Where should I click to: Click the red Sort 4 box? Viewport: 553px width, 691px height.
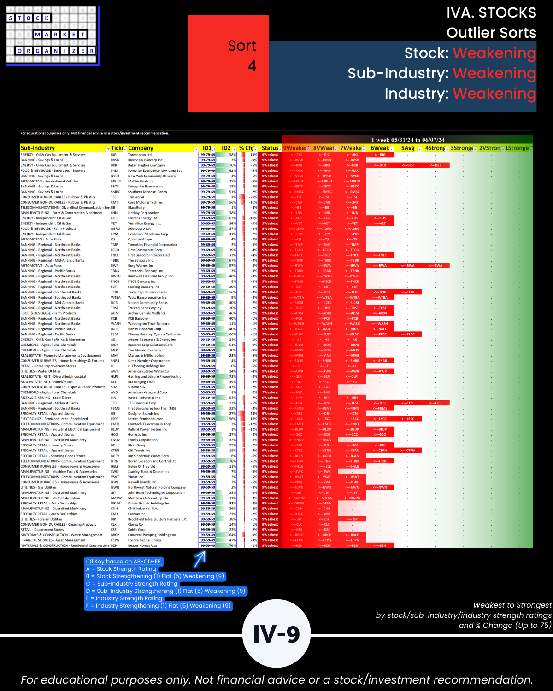pyautogui.click(x=228, y=64)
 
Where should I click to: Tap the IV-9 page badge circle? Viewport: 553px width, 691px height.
pyautogui.click(x=276, y=634)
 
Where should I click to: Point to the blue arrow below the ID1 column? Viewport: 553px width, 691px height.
pyautogui.click(x=200, y=558)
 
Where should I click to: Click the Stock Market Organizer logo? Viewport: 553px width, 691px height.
pyautogui.click(x=52, y=35)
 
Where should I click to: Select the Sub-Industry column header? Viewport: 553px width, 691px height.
pyautogui.click(x=38, y=148)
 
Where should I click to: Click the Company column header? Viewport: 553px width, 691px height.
pyautogui.click(x=141, y=148)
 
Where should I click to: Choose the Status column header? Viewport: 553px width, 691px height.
pyautogui.click(x=270, y=148)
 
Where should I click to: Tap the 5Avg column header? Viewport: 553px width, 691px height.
pyautogui.click(x=408, y=148)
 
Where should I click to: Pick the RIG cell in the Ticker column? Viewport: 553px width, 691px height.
pyautogui.click(x=113, y=155)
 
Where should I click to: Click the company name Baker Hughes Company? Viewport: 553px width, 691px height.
pyautogui.click(x=146, y=165)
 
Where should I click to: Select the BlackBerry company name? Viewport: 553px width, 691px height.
pyautogui.click(x=136, y=208)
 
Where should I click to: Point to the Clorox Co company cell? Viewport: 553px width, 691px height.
pyautogui.click(x=135, y=524)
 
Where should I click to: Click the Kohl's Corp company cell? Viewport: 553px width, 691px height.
pyautogui.click(x=135, y=530)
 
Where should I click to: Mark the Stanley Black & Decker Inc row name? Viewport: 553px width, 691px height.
pyautogui.click(x=148, y=472)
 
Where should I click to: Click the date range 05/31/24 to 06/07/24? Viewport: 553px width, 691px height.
pyautogui.click(x=408, y=140)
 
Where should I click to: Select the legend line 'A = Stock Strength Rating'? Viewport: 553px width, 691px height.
pyautogui.click(x=121, y=569)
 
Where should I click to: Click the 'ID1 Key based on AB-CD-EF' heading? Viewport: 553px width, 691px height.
pyautogui.click(x=124, y=562)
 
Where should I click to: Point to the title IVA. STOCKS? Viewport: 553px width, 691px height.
pyautogui.click(x=491, y=13)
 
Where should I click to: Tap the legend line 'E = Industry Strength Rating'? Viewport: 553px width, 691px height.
pyautogui.click(x=124, y=598)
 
